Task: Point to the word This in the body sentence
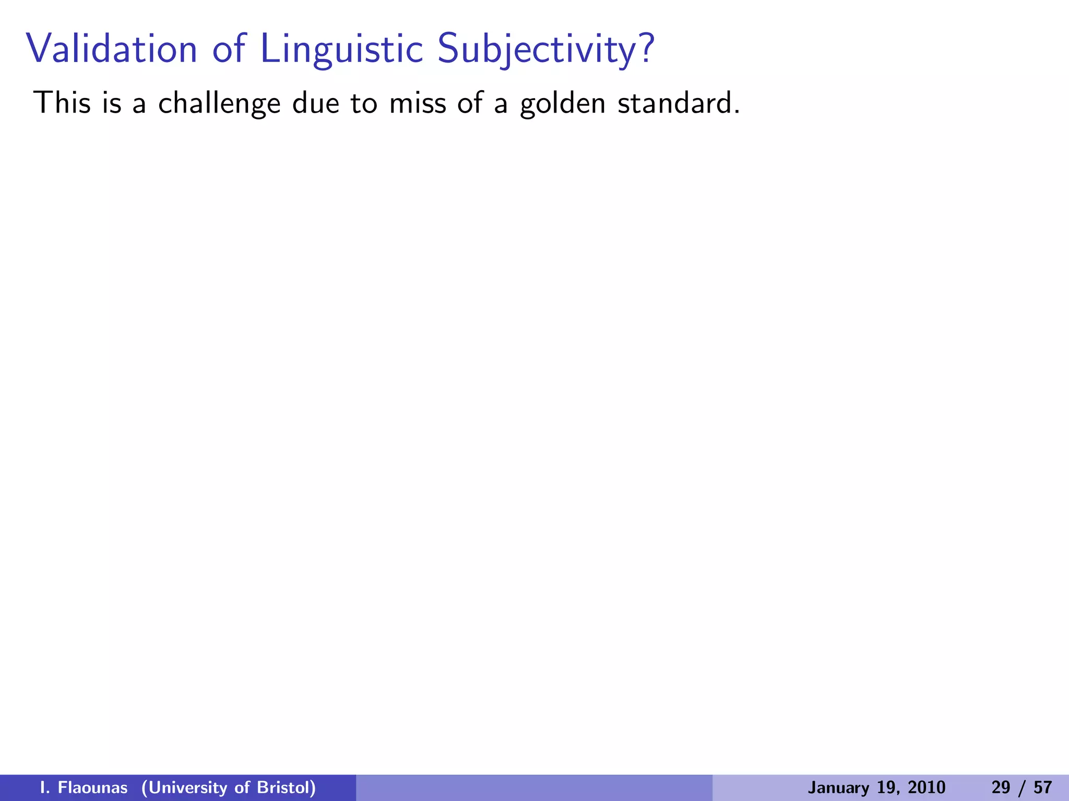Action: point(62,102)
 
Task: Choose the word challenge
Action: point(219,103)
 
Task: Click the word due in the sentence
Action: point(312,102)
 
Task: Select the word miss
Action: point(418,102)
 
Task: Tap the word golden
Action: point(563,103)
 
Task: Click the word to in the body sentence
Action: point(363,103)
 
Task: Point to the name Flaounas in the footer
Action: point(92,787)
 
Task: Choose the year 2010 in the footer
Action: point(926,787)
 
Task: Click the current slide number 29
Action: point(1001,787)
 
